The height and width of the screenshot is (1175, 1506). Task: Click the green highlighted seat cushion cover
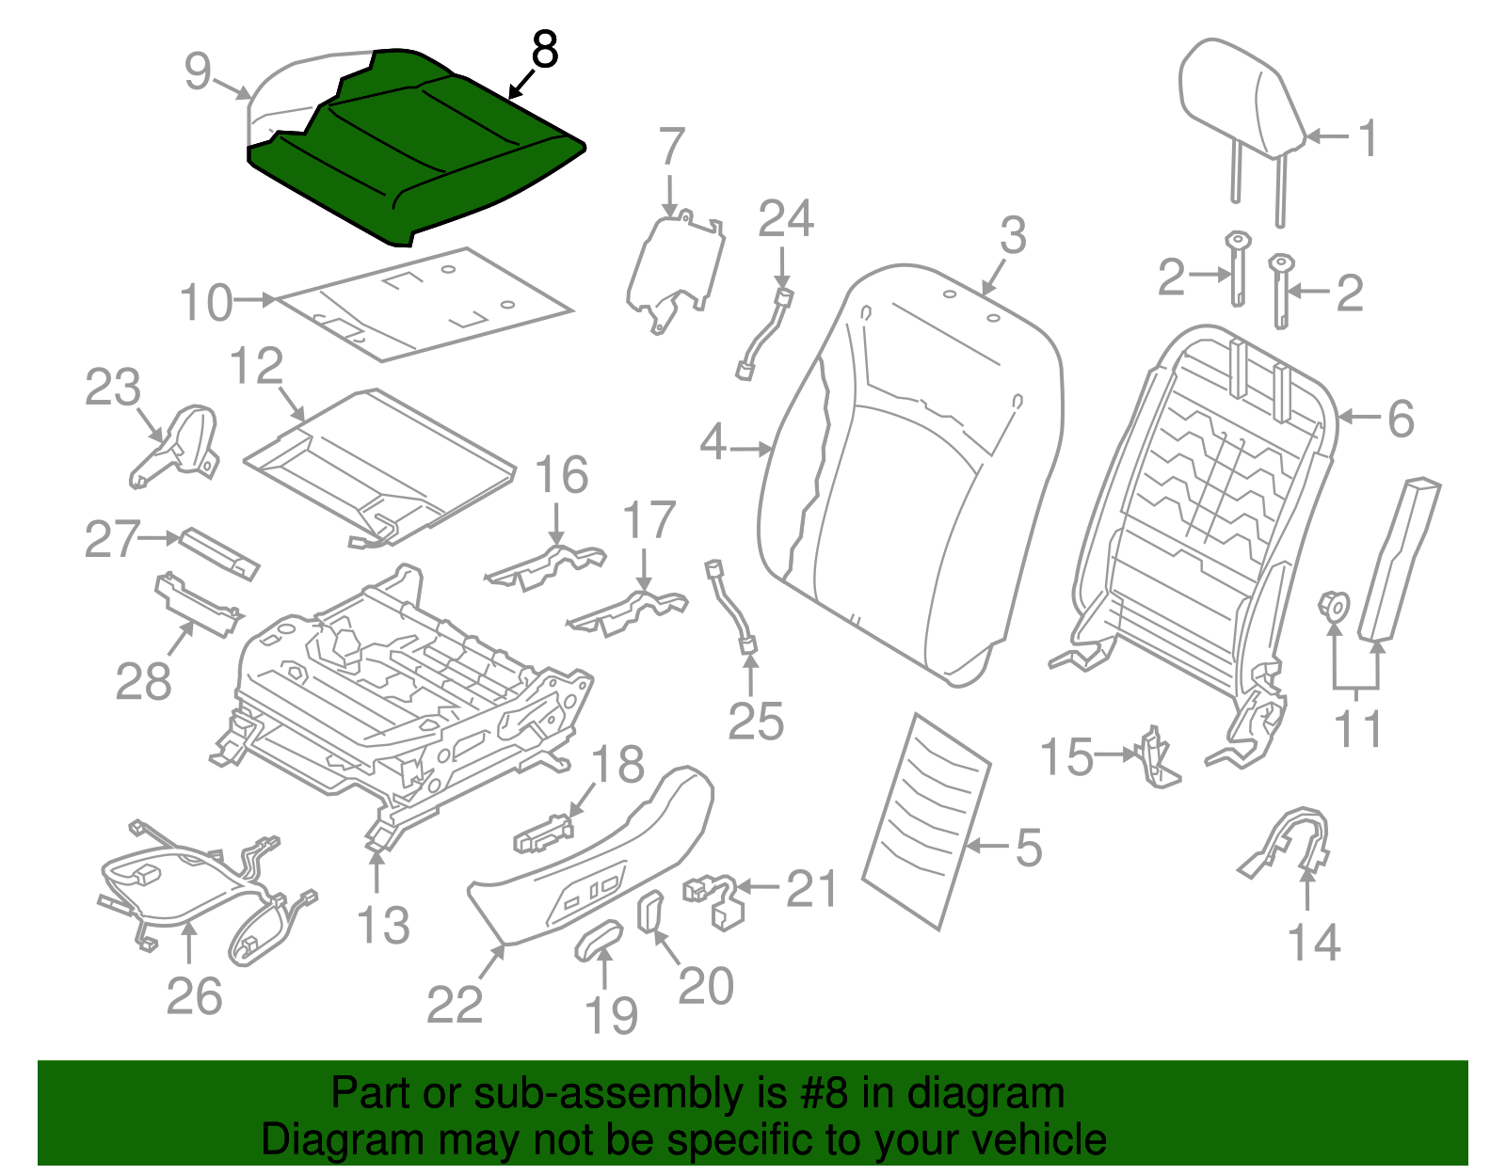tap(424, 151)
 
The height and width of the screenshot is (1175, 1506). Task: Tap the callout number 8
tap(545, 50)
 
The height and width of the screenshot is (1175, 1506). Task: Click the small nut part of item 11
tap(1333, 605)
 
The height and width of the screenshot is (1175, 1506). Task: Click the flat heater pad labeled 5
tap(927, 818)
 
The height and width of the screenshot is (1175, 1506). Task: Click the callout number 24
tap(785, 219)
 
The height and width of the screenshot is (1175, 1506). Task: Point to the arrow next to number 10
tap(255, 300)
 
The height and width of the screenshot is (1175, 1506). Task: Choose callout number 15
tap(1066, 756)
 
